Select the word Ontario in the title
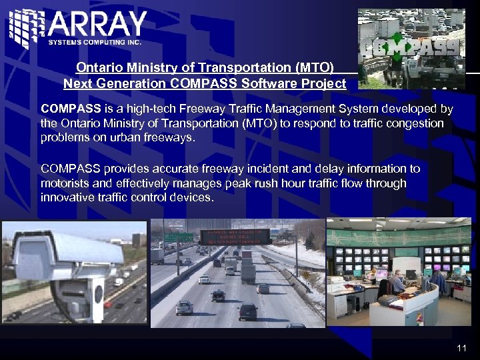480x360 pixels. tap(97, 67)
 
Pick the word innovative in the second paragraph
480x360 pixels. tap(67, 198)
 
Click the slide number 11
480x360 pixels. tap(462, 348)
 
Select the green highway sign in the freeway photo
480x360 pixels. tap(179, 238)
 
